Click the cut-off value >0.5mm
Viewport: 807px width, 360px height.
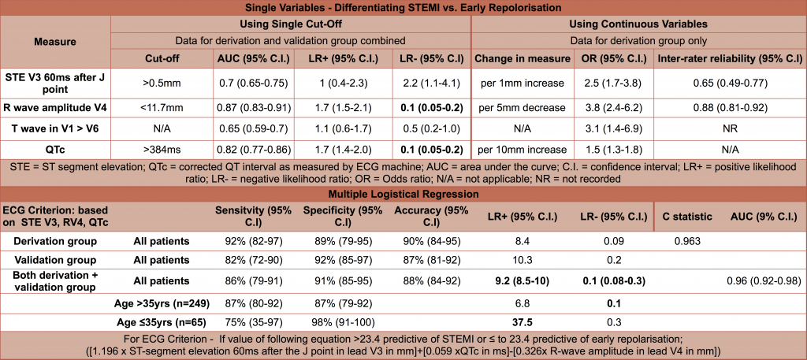[x=158, y=84]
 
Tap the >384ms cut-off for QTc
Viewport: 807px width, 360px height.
[x=158, y=149]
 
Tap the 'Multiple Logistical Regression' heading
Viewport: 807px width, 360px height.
[x=403, y=192]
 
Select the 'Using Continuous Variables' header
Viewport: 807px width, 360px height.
[x=639, y=24]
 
